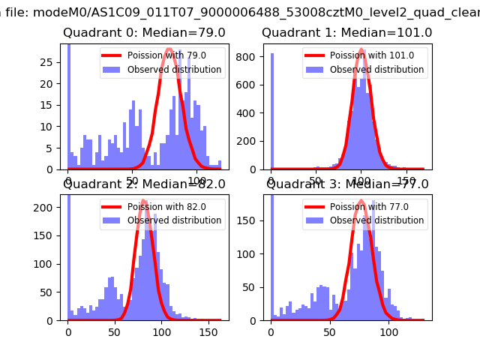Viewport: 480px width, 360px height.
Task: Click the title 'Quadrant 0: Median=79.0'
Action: point(133,33)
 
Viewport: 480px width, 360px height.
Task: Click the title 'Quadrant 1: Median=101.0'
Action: point(346,33)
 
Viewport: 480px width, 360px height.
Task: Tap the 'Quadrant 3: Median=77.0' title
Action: point(347,184)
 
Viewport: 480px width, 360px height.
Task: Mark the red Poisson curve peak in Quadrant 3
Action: point(361,201)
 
